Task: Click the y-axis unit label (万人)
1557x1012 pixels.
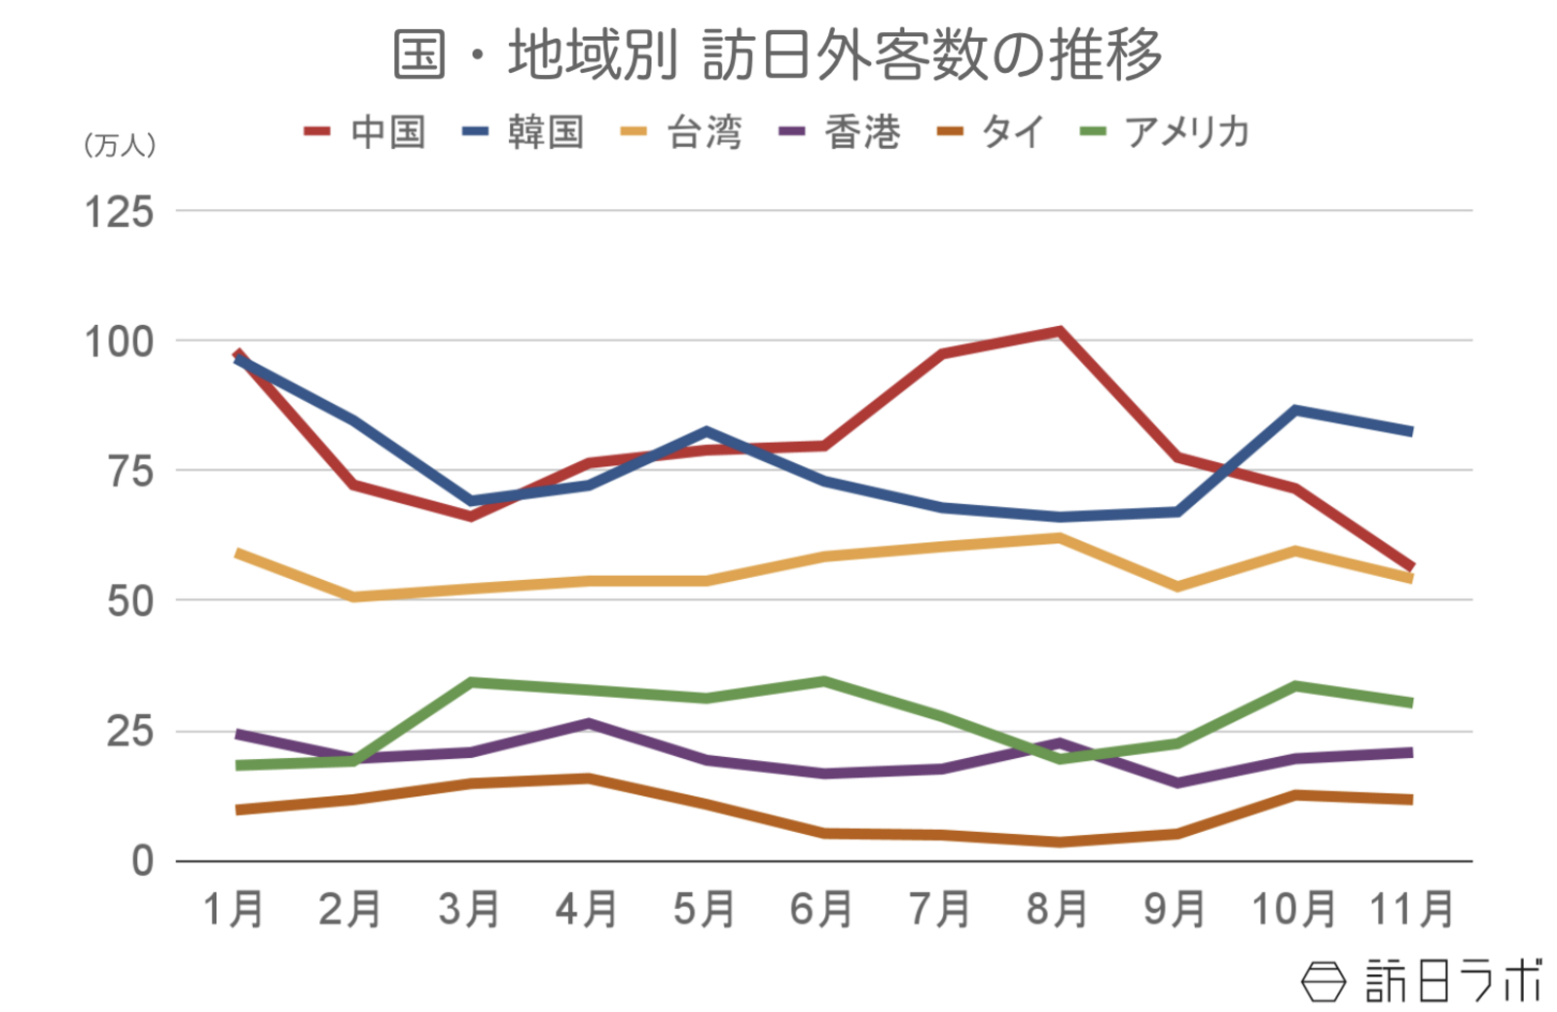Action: click(x=120, y=146)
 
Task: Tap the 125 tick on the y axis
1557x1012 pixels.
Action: click(x=119, y=212)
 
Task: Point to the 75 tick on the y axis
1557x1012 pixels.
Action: click(x=130, y=472)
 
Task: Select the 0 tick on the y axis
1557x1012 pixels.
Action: click(x=142, y=861)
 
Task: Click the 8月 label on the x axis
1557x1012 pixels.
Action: click(x=1057, y=910)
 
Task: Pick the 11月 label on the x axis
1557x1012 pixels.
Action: click(x=1411, y=910)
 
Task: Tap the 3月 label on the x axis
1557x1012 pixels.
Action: click(x=469, y=910)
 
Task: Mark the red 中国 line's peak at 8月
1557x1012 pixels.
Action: click(x=1059, y=332)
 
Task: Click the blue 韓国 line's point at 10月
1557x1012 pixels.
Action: click(x=1295, y=411)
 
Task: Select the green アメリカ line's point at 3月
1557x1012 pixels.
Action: click(x=471, y=682)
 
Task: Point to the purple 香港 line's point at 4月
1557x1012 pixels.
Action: click(x=589, y=723)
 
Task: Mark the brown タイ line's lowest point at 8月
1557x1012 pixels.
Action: click(x=1059, y=842)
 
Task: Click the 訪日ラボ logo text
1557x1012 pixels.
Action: click(x=1454, y=981)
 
